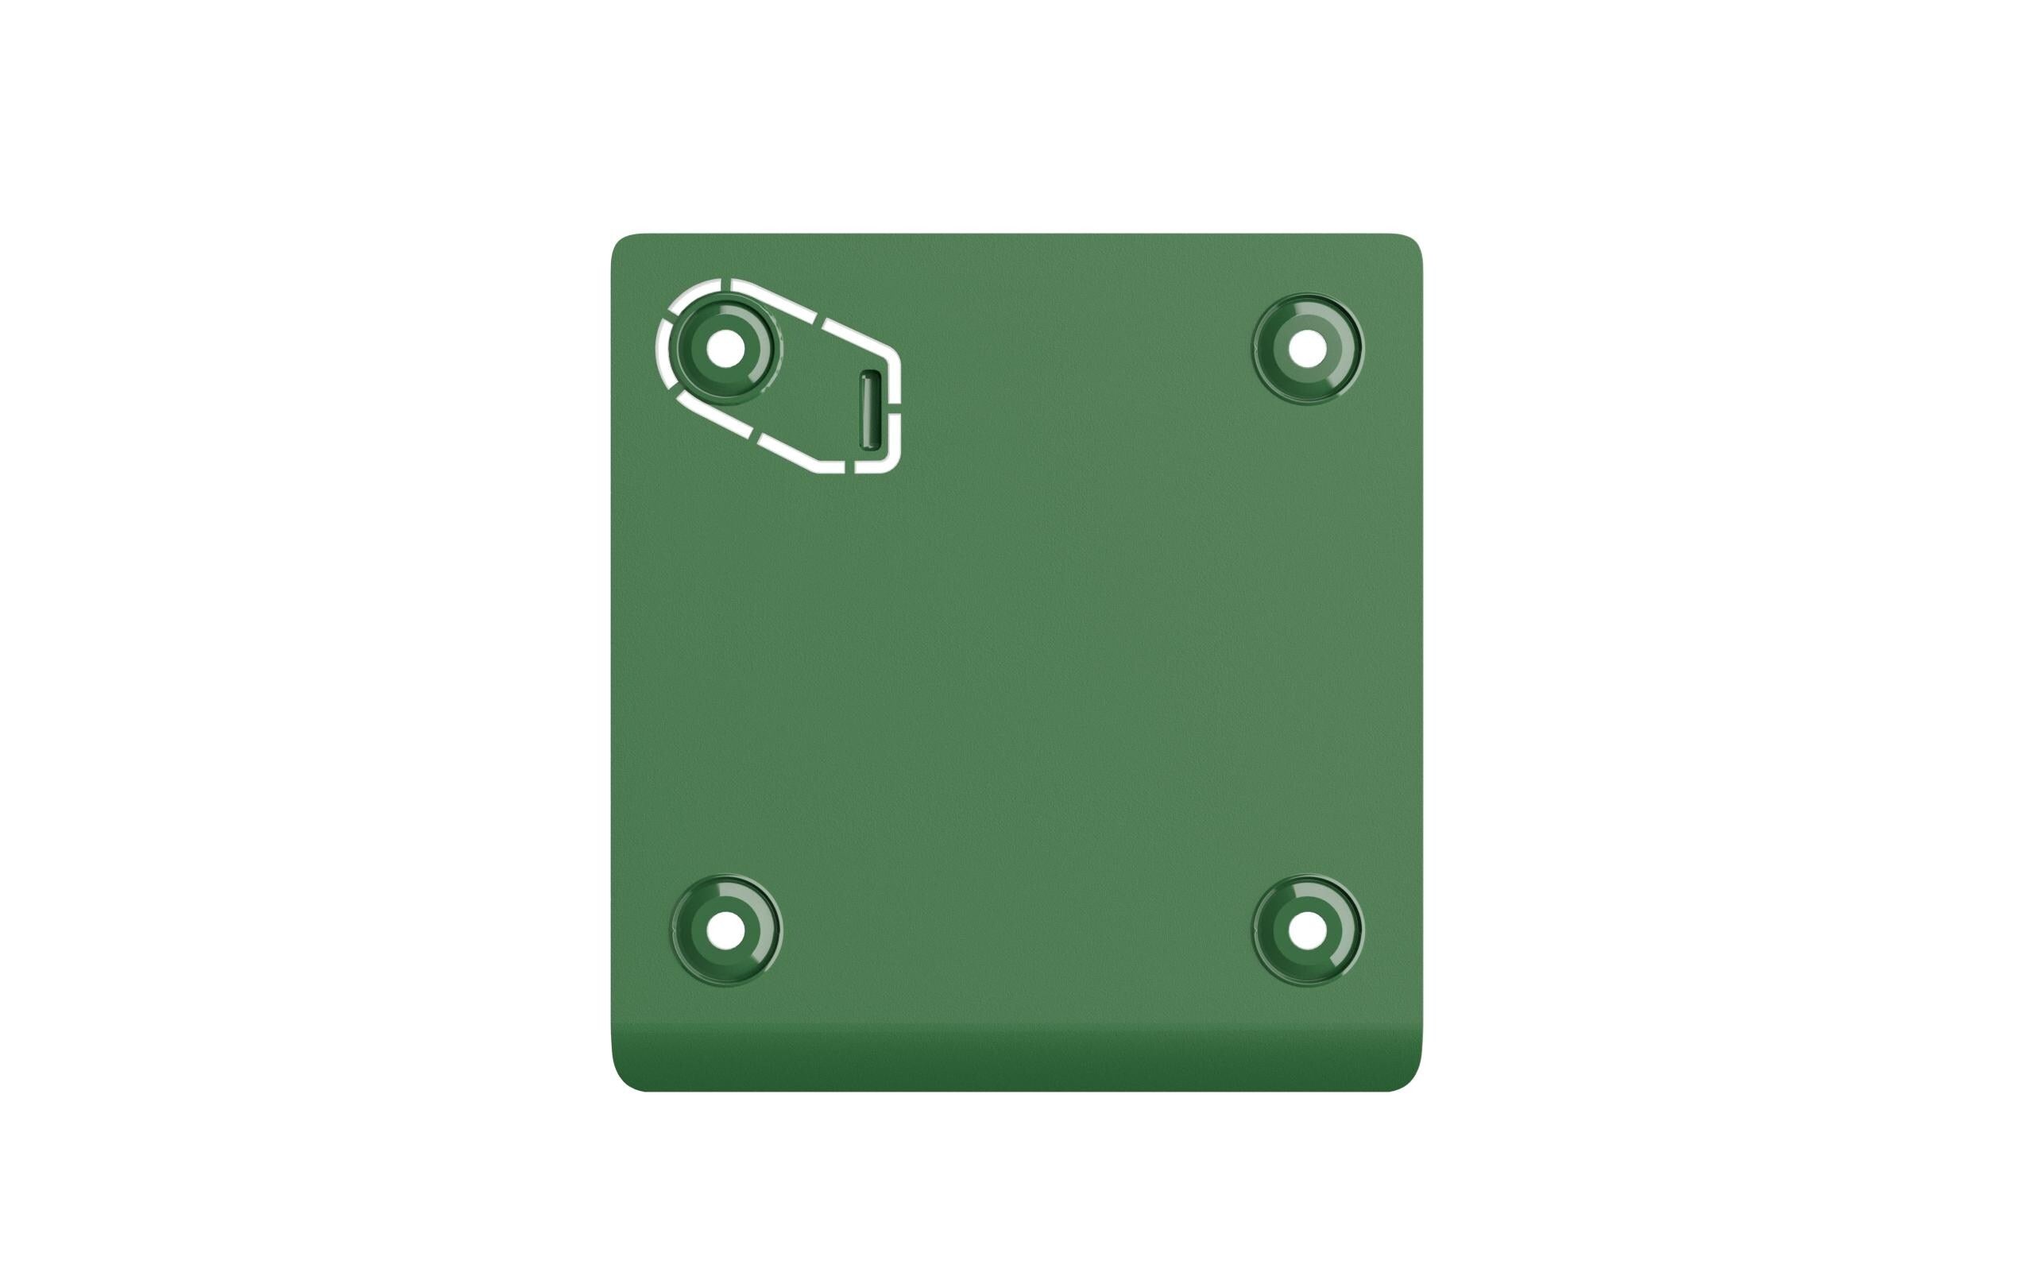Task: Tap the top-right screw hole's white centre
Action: [1307, 348]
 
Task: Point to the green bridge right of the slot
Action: [895, 405]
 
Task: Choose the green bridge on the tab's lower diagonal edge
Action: [754, 435]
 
